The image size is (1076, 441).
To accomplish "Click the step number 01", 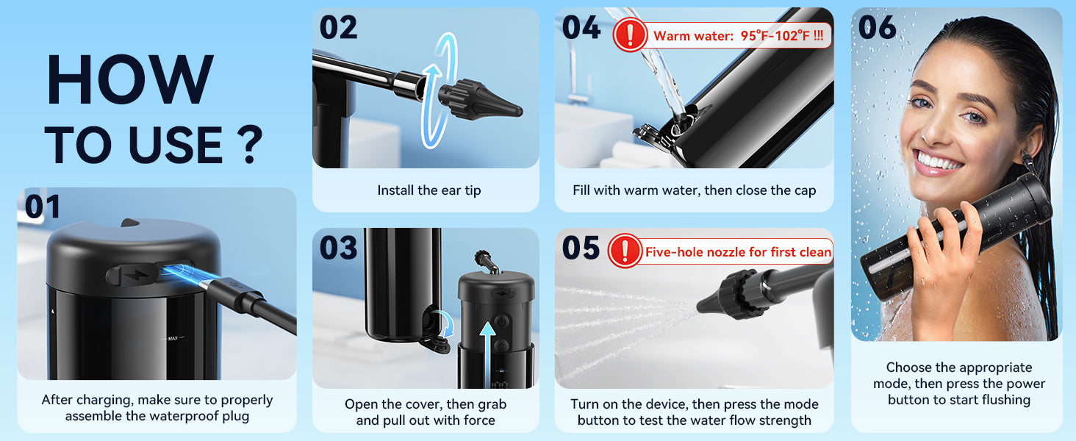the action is (x=43, y=207).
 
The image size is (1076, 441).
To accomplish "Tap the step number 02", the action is (x=339, y=27).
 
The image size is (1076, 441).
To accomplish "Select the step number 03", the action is (x=339, y=248).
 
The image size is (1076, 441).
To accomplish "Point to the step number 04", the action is (x=581, y=27).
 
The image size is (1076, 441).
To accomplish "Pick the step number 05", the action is (x=581, y=248).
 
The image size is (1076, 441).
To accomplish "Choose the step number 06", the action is (x=877, y=27).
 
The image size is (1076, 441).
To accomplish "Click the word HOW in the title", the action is (x=129, y=79).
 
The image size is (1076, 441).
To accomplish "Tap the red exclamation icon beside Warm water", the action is (x=630, y=35).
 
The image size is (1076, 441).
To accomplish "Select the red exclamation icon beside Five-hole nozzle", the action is (x=625, y=251).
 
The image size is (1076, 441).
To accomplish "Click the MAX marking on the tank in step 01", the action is (x=173, y=338).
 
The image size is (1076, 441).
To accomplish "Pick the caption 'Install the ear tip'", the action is (x=429, y=190).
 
